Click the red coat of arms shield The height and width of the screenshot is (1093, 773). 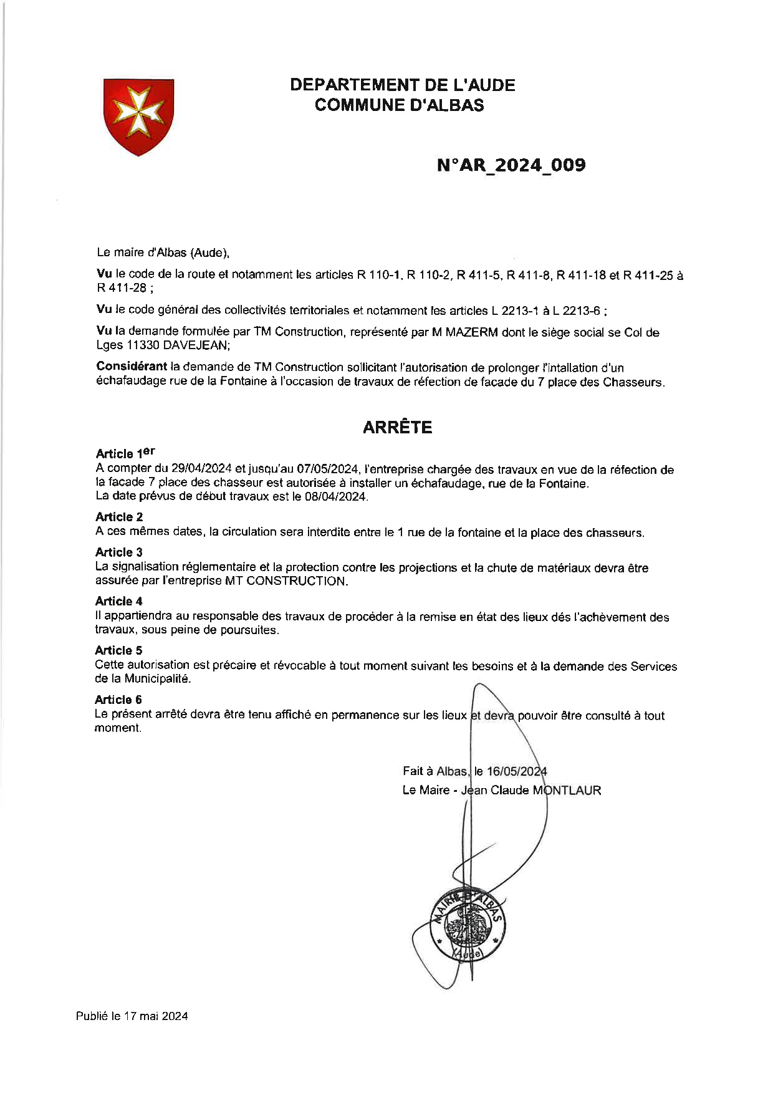[138, 116]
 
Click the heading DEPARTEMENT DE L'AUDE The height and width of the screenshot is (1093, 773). [403, 85]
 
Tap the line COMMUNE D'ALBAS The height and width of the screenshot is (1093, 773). [399, 105]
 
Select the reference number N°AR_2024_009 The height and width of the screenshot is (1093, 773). [511, 165]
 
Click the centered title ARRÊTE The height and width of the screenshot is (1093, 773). [397, 428]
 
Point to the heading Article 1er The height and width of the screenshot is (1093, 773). [125, 453]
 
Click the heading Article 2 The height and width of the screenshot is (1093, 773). [119, 517]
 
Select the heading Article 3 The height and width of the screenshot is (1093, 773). [119, 552]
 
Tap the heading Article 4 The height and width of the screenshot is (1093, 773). [119, 601]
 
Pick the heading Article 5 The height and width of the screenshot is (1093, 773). [118, 650]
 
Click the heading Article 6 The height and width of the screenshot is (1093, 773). [118, 700]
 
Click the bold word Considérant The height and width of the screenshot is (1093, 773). [132, 367]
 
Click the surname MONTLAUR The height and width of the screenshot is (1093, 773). [567, 791]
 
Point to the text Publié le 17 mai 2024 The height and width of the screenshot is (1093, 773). [132, 1016]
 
